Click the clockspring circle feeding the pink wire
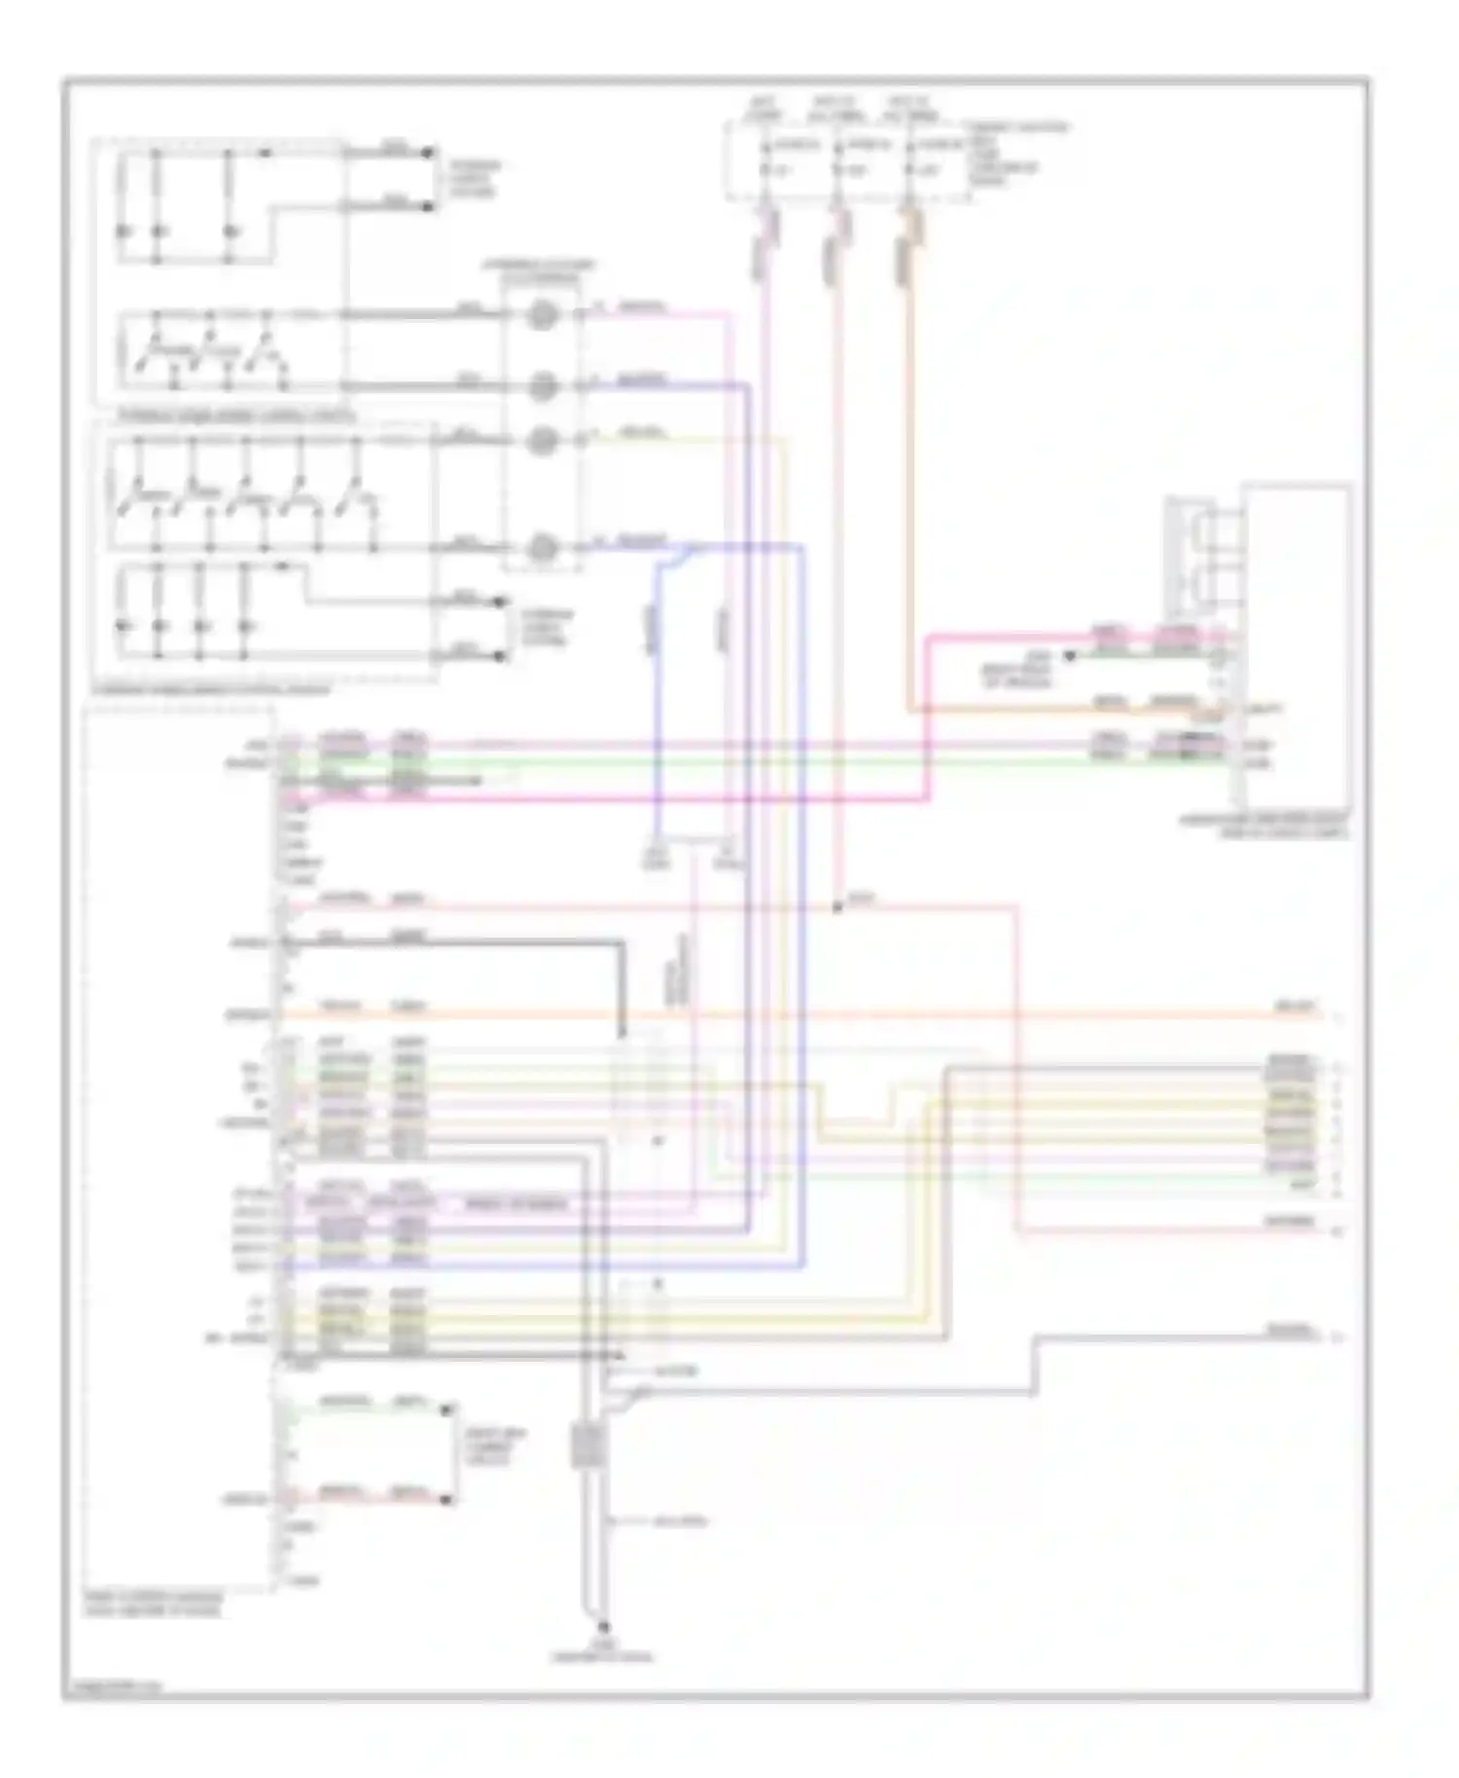[x=542, y=316]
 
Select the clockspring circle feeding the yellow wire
[x=542, y=441]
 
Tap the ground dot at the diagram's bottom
[x=602, y=1626]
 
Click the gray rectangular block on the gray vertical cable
[x=587, y=1446]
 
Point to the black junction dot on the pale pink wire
[x=837, y=907]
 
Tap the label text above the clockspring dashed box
[x=541, y=270]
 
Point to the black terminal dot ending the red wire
[x=447, y=1500]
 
